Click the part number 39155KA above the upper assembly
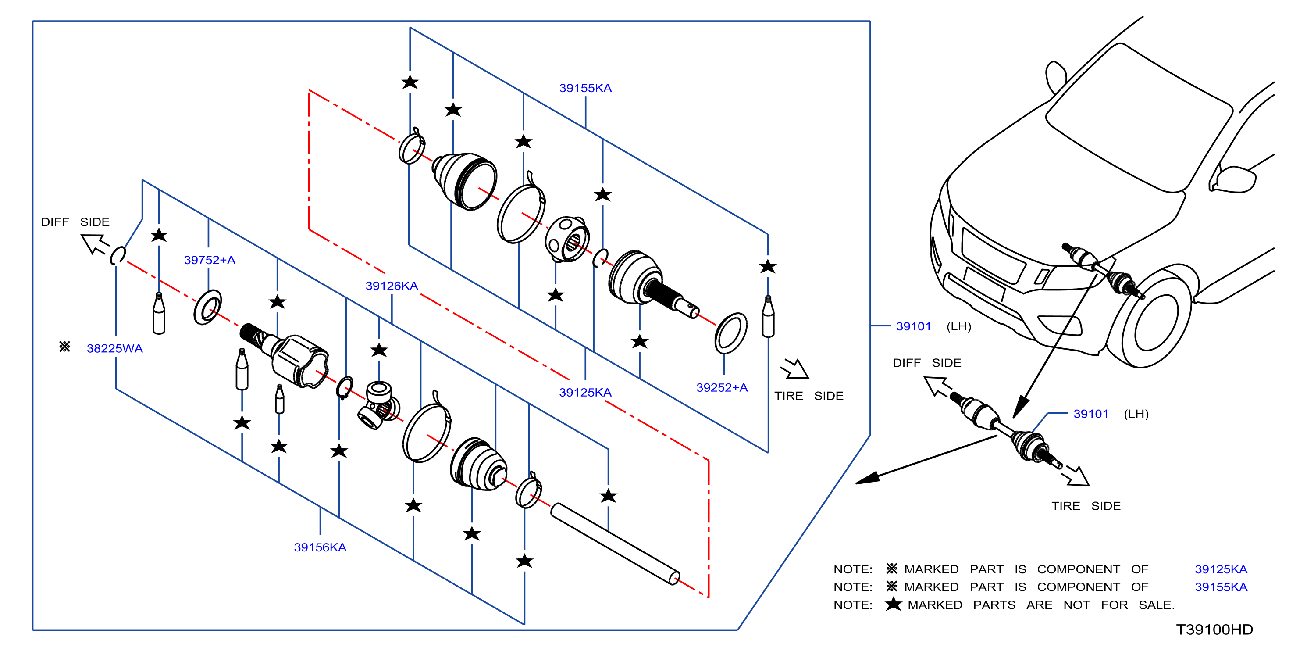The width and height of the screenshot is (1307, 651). [585, 88]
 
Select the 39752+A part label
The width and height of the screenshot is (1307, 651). [210, 260]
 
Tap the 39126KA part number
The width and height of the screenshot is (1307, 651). [392, 286]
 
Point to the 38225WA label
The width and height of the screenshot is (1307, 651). [115, 348]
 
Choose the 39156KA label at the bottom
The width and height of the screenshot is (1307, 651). [320, 547]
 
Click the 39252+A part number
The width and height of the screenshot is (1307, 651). [722, 387]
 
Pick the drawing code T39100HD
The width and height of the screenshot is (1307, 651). [1214, 630]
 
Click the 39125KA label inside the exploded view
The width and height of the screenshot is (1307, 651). [585, 393]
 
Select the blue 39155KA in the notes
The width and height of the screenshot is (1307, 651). [1221, 587]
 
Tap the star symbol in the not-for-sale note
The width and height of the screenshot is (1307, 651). [893, 604]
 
